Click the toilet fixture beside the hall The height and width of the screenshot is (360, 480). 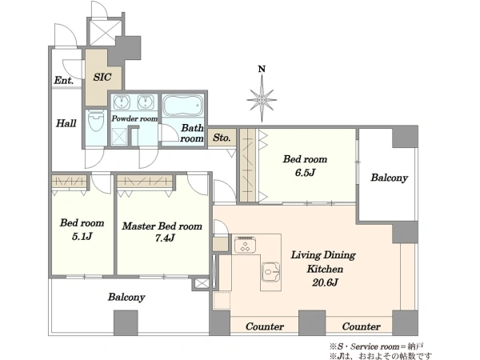coord(96,121)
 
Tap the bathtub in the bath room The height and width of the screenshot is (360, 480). coord(182,106)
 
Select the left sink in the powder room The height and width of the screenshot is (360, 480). coord(122,102)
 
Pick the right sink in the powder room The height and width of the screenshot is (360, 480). coord(146,102)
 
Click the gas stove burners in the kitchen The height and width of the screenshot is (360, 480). coord(245,246)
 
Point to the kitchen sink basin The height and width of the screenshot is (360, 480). coord(271,271)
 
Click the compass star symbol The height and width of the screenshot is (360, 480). coord(262,99)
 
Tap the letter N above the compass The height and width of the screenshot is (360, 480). coord(262,69)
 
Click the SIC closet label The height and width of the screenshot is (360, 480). coord(102,77)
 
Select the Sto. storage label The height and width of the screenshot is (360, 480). coord(222,138)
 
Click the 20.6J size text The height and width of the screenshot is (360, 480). coord(325,282)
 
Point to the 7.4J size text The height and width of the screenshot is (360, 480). coord(165,238)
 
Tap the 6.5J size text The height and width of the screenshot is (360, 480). coord(305,173)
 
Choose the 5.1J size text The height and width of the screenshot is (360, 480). coord(82,236)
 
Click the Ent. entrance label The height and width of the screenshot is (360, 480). coord(64,80)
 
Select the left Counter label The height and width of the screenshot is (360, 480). coord(265,326)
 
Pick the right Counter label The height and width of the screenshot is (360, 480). coord(362,326)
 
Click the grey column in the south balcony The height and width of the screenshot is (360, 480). coord(126,322)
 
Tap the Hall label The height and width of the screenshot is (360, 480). coord(66,123)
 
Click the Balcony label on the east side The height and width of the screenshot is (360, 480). coord(389,178)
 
